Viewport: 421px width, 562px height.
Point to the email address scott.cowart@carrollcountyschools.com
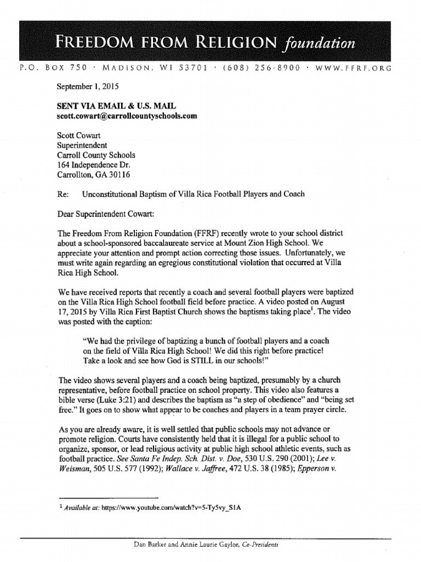126,116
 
